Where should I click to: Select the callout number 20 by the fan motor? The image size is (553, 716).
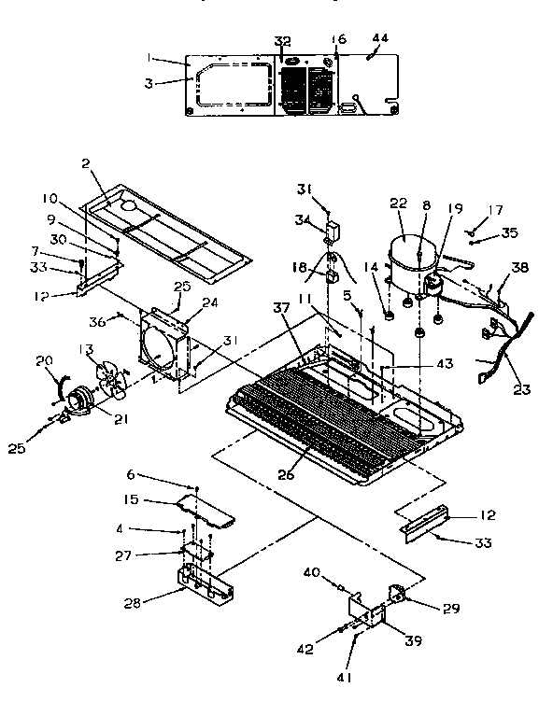coord(43,362)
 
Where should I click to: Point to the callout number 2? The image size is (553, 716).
coord(85,164)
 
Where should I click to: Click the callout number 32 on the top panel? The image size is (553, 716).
coord(283,40)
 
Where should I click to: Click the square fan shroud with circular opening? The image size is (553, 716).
coord(166,350)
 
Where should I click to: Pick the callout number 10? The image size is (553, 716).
coord(49,198)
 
